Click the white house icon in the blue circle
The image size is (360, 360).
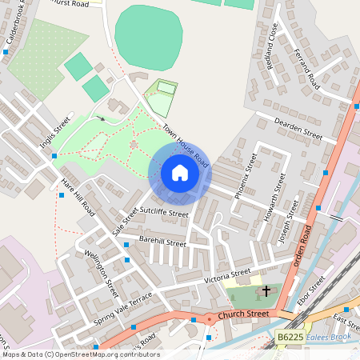click(179, 172)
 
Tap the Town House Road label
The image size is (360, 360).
click(186, 146)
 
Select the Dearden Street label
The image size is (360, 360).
click(298, 130)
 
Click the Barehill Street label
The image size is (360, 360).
click(162, 241)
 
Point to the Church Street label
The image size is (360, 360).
click(246, 314)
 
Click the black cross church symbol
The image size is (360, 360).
click(266, 293)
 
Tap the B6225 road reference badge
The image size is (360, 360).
click(291, 339)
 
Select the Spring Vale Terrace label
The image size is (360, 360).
click(122, 308)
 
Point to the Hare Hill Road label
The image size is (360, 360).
click(77, 198)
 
